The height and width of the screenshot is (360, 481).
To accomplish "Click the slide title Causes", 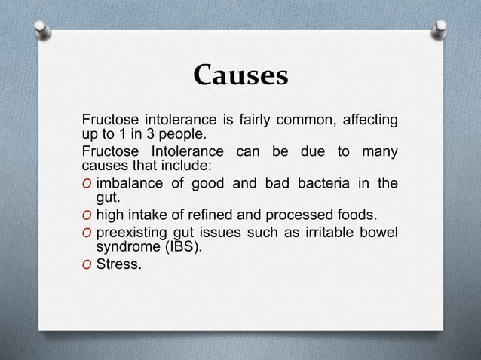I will pos(240,76).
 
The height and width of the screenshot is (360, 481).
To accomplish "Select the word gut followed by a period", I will pos(109,199).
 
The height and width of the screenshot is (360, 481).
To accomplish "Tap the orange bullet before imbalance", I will pos(87,183).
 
